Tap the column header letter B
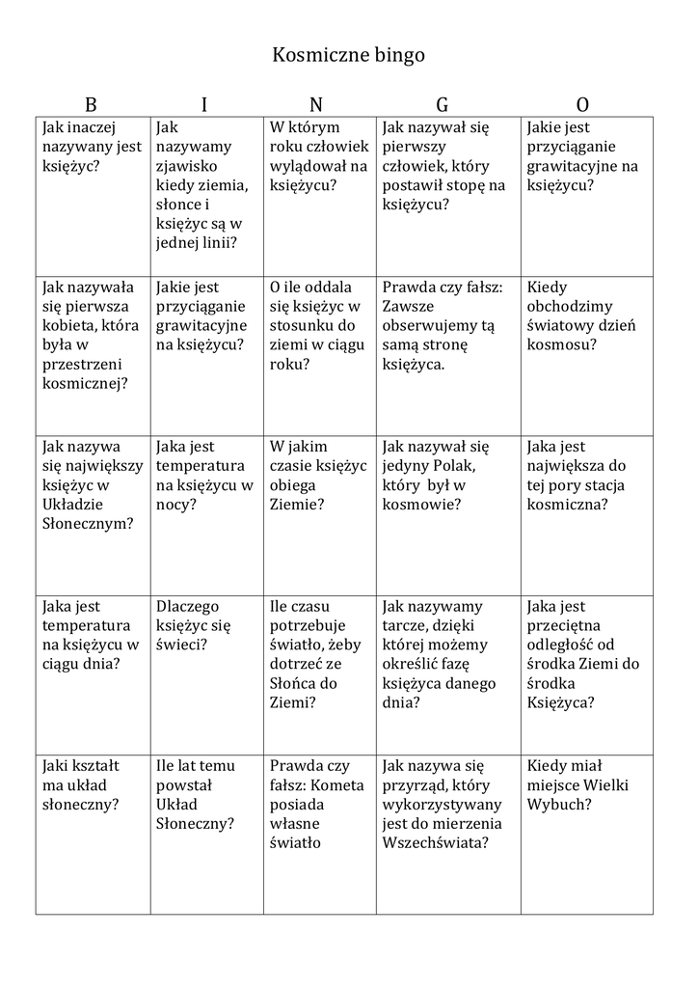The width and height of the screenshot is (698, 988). coord(91,105)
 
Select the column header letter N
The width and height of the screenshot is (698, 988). coord(316,105)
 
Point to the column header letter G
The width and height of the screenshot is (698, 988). coord(442,105)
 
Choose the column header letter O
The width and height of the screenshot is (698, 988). coord(582,105)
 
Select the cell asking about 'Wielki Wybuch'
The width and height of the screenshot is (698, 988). coord(586,785)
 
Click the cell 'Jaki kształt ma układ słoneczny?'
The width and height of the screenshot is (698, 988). coord(93,785)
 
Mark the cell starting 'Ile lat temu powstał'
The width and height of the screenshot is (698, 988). coord(206,795)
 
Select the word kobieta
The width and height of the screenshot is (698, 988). coord(71,325)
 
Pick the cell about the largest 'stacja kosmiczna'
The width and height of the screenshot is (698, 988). coord(586,476)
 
